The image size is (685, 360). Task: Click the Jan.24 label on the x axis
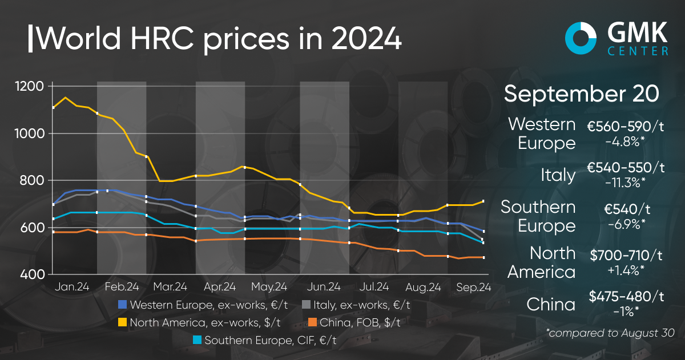point(71,286)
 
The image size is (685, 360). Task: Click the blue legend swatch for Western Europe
point(122,305)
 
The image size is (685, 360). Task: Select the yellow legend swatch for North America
point(122,323)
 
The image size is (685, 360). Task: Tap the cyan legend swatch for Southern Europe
point(196,341)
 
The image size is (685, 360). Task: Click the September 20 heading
point(583,94)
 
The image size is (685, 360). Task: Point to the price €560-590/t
point(626,126)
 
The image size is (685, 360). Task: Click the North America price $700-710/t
point(626,253)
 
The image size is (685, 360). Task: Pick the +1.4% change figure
point(626,268)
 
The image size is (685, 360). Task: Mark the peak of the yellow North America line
point(66,98)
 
